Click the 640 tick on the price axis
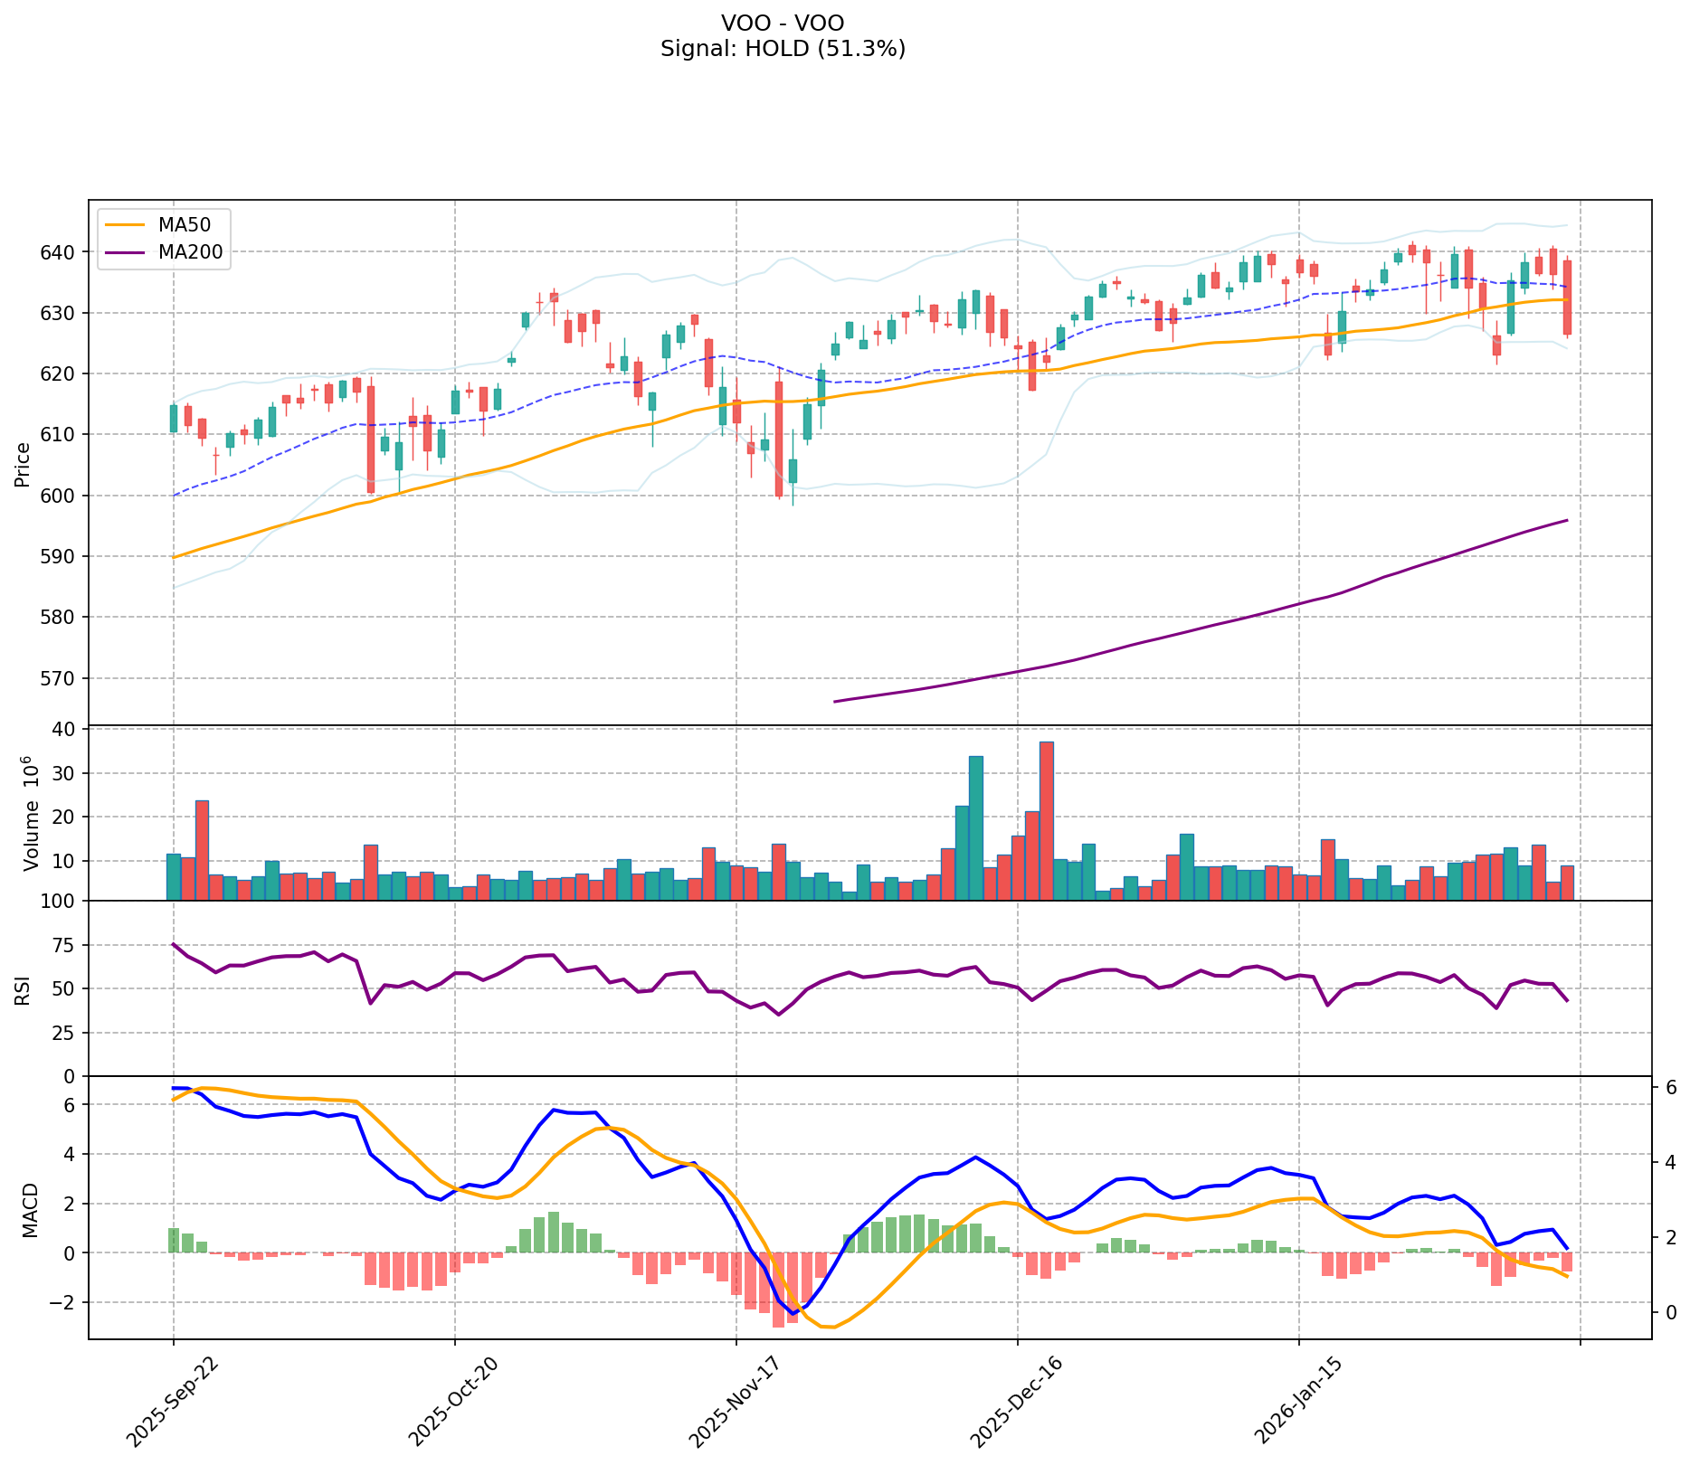click(x=65, y=251)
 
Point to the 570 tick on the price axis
click(x=65, y=678)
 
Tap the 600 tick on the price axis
click(x=65, y=496)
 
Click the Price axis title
click(x=23, y=464)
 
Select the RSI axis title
click(x=23, y=989)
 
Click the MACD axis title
click(x=30, y=1210)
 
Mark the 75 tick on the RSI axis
click(x=69, y=945)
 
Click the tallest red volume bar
click(x=1046, y=821)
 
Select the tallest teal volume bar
click(x=975, y=827)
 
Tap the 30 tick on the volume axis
click(x=69, y=773)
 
